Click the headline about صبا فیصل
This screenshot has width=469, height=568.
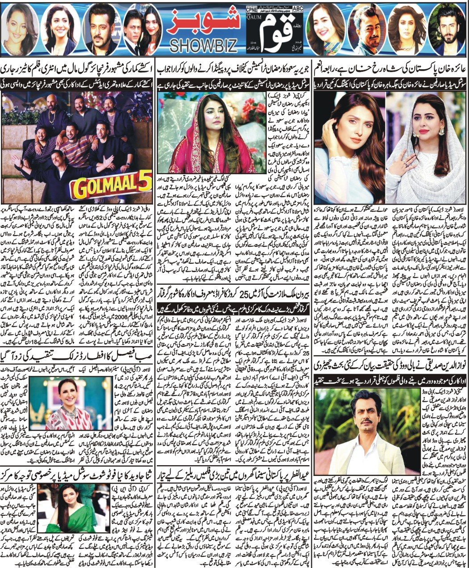click(79, 363)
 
